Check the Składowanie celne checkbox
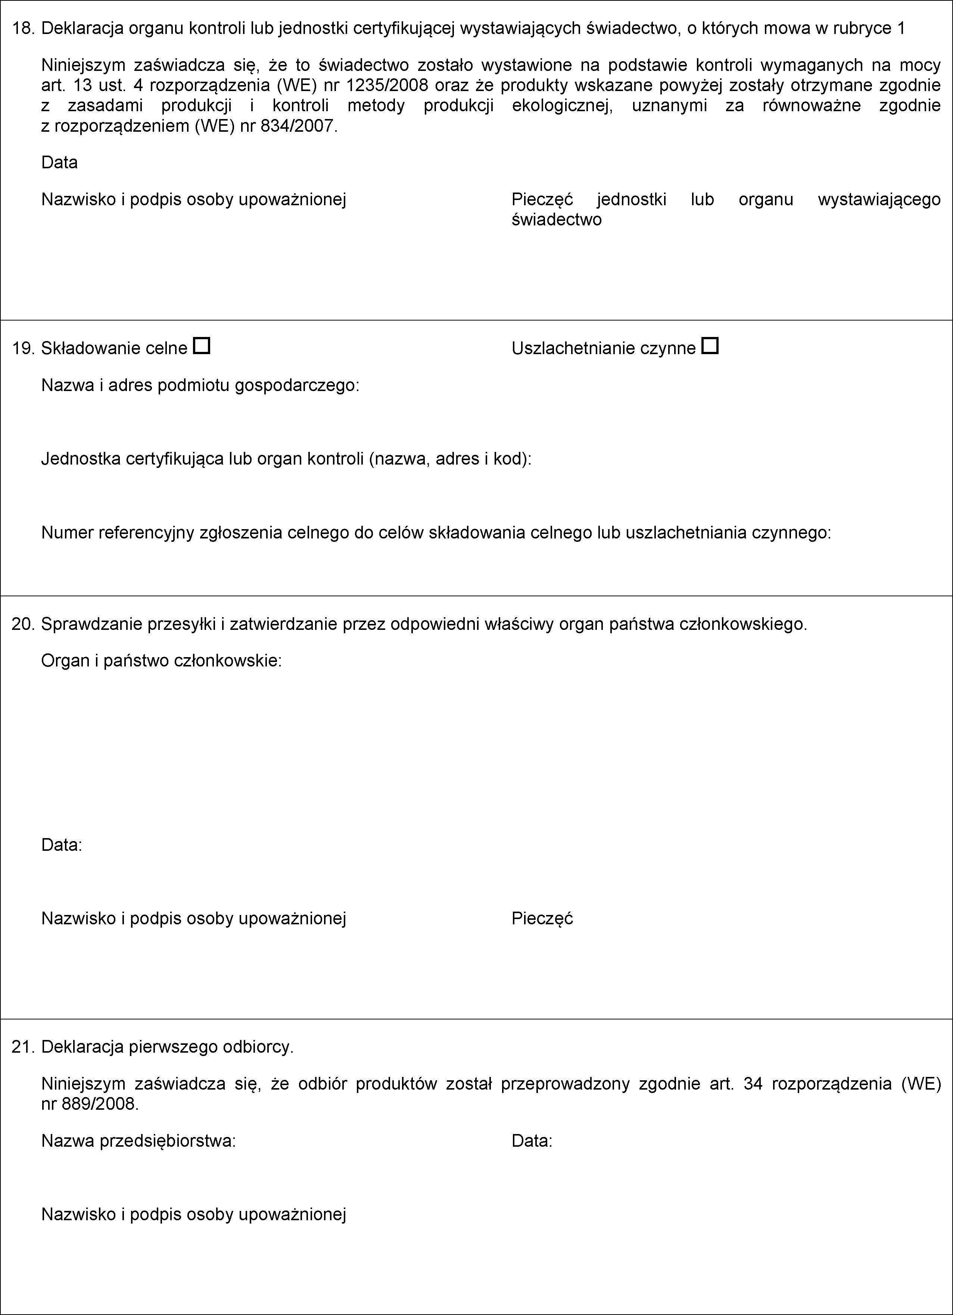tap(201, 346)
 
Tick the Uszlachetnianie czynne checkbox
tap(710, 346)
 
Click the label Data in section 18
tap(59, 162)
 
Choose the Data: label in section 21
tap(532, 1141)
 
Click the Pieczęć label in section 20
tap(542, 918)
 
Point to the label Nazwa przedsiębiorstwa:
tap(138, 1141)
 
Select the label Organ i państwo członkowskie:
tap(161, 661)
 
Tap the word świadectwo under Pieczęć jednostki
tap(556, 220)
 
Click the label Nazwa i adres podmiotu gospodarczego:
tap(200, 385)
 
